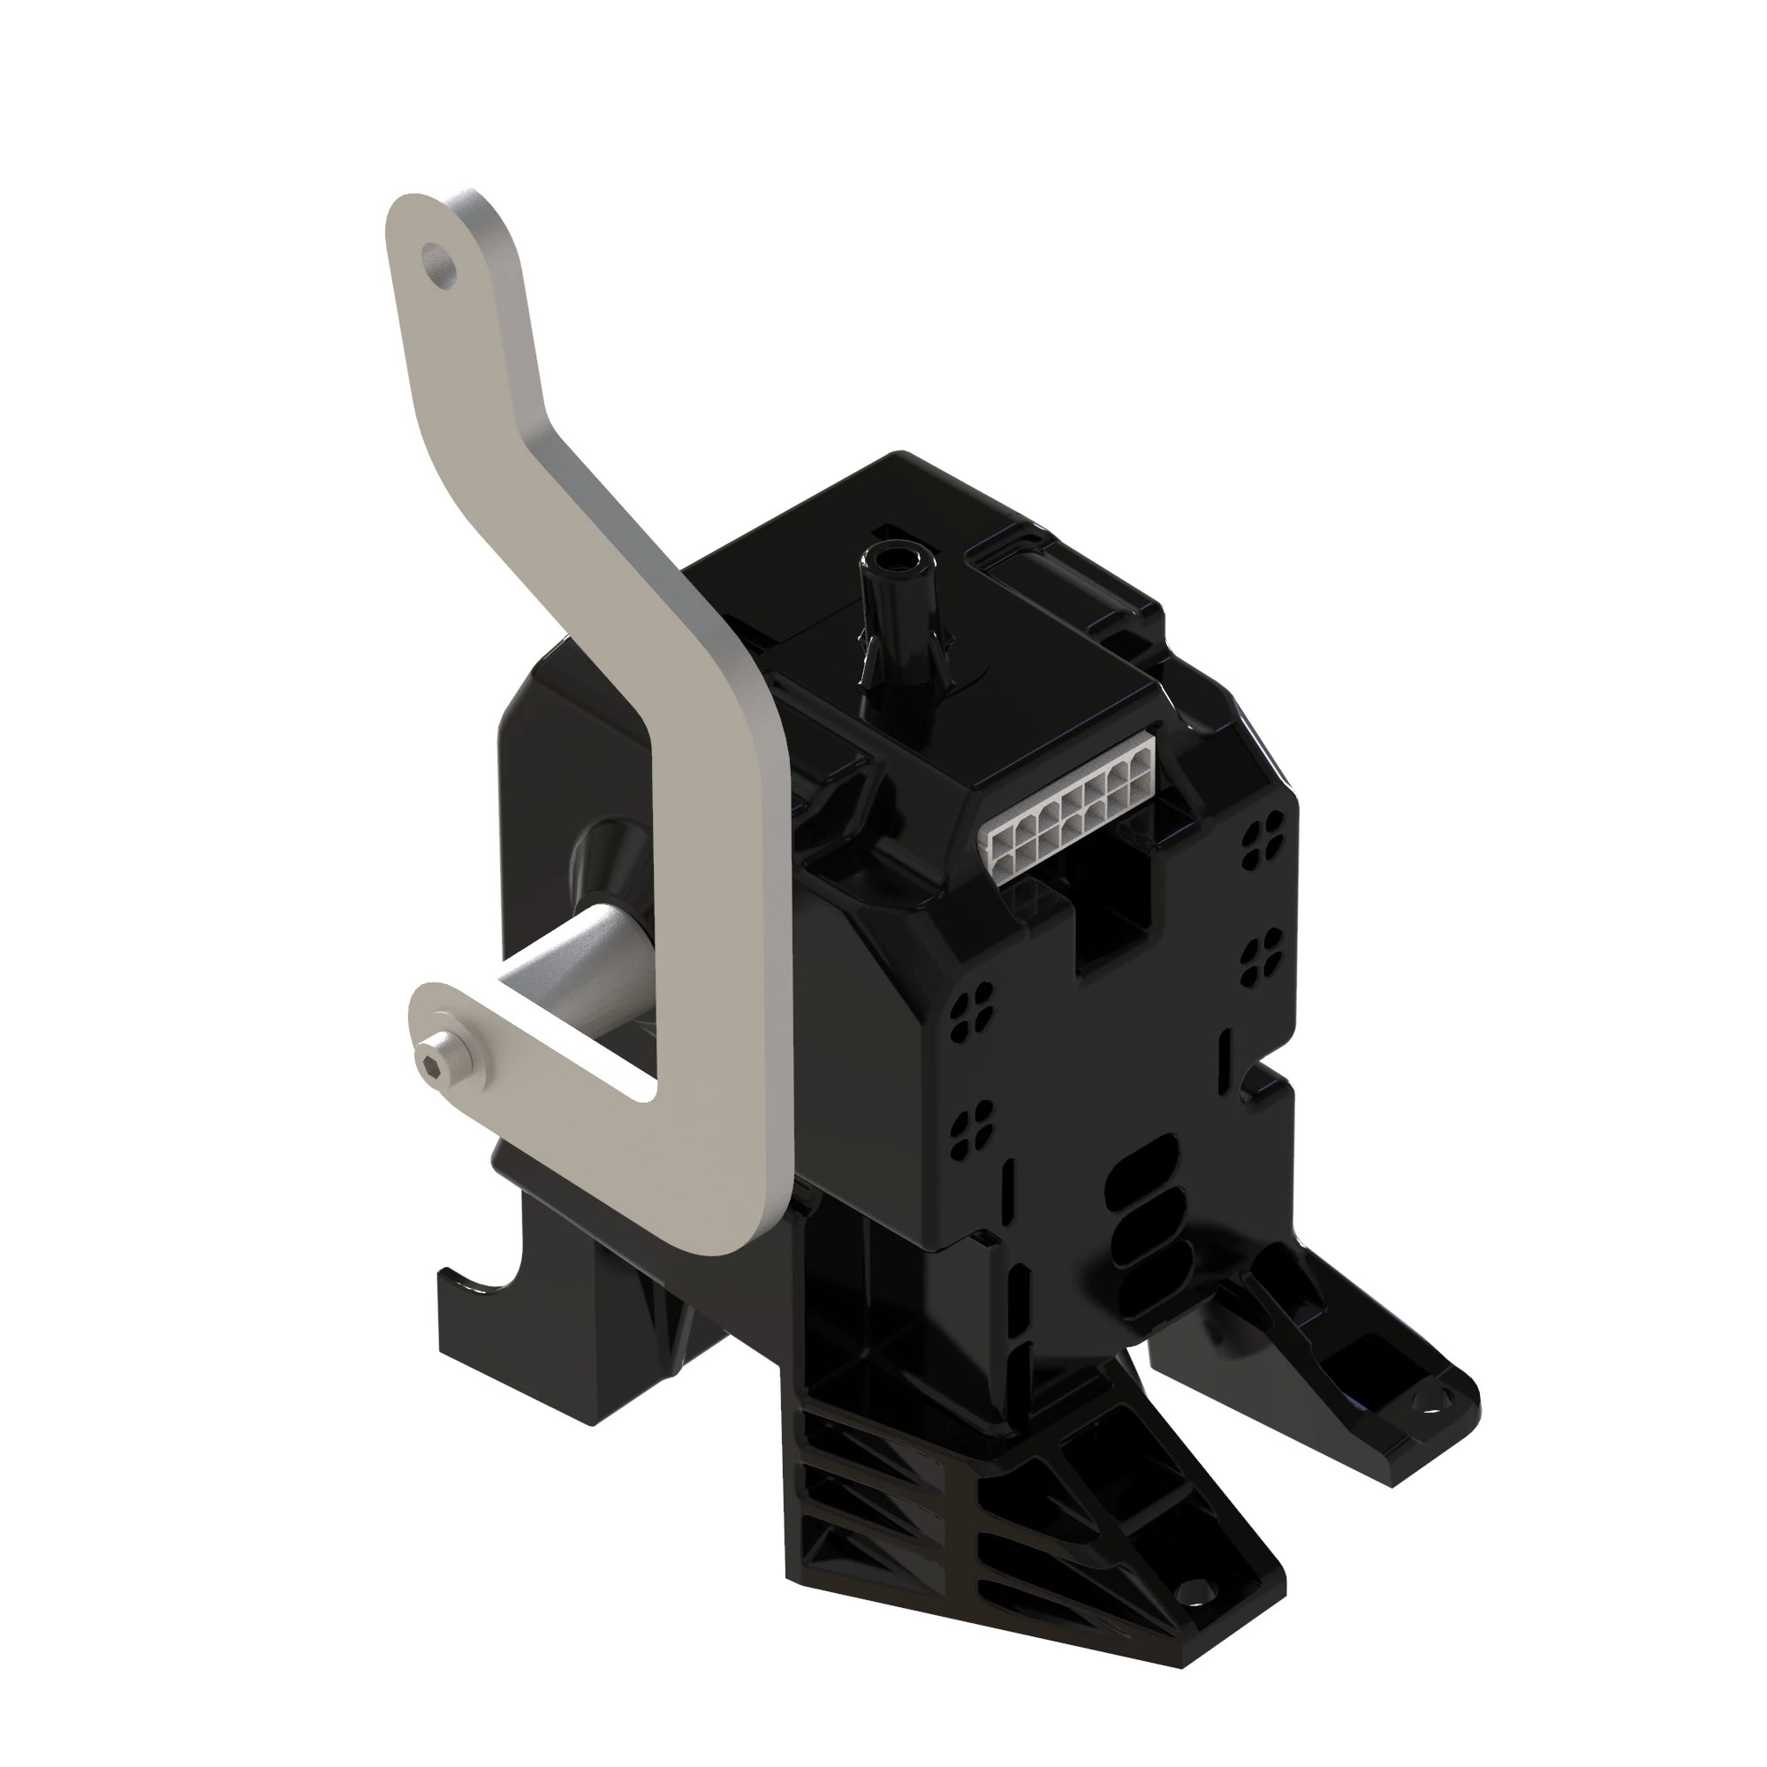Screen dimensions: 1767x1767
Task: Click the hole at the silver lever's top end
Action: point(441,262)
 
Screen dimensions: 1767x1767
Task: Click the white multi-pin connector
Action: point(1070,808)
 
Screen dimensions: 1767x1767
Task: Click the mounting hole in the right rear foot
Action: point(1430,1404)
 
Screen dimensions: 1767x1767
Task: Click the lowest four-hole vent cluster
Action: point(970,1127)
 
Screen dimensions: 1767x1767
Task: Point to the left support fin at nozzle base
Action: point(867,655)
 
